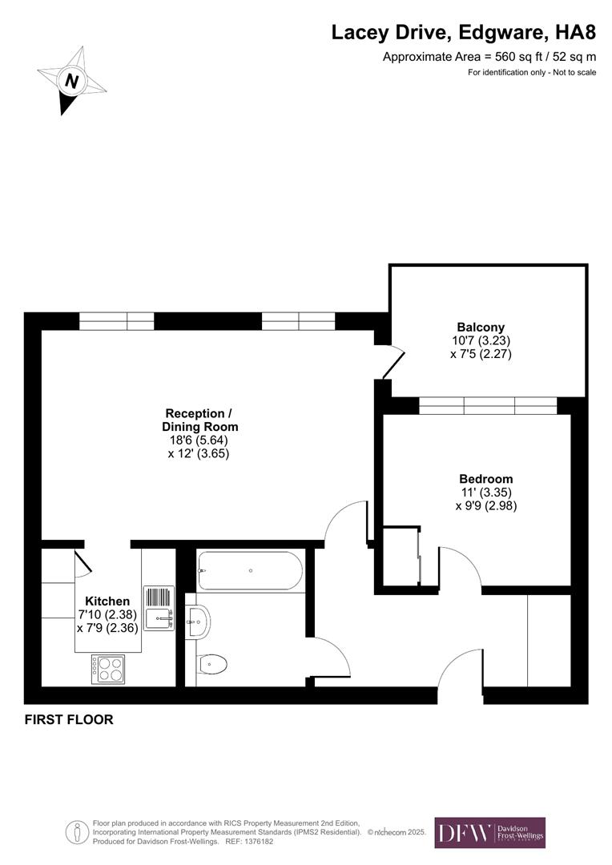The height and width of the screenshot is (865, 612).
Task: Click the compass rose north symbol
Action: pos(71,80)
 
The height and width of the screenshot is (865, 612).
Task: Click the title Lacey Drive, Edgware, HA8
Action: pos(464,33)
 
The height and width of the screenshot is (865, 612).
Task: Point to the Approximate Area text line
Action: pos(489,57)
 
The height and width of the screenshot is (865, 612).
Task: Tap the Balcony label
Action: pos(481,327)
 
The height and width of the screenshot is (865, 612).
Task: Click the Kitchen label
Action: pos(107,601)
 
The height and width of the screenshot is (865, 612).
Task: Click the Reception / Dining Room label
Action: pos(199,420)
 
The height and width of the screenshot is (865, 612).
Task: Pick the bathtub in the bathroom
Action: pos(250,571)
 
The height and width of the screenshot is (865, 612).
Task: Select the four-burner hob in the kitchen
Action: pos(107,669)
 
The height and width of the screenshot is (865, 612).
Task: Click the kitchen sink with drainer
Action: pos(159,608)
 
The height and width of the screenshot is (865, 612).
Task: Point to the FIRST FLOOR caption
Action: pos(69,719)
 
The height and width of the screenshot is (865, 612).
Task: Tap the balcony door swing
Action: pos(392,361)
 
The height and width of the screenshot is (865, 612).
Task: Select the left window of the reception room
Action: pos(116,321)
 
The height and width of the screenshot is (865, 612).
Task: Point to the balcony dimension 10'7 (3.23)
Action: pos(481,340)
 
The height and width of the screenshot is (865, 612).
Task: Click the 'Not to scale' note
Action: pos(532,73)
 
